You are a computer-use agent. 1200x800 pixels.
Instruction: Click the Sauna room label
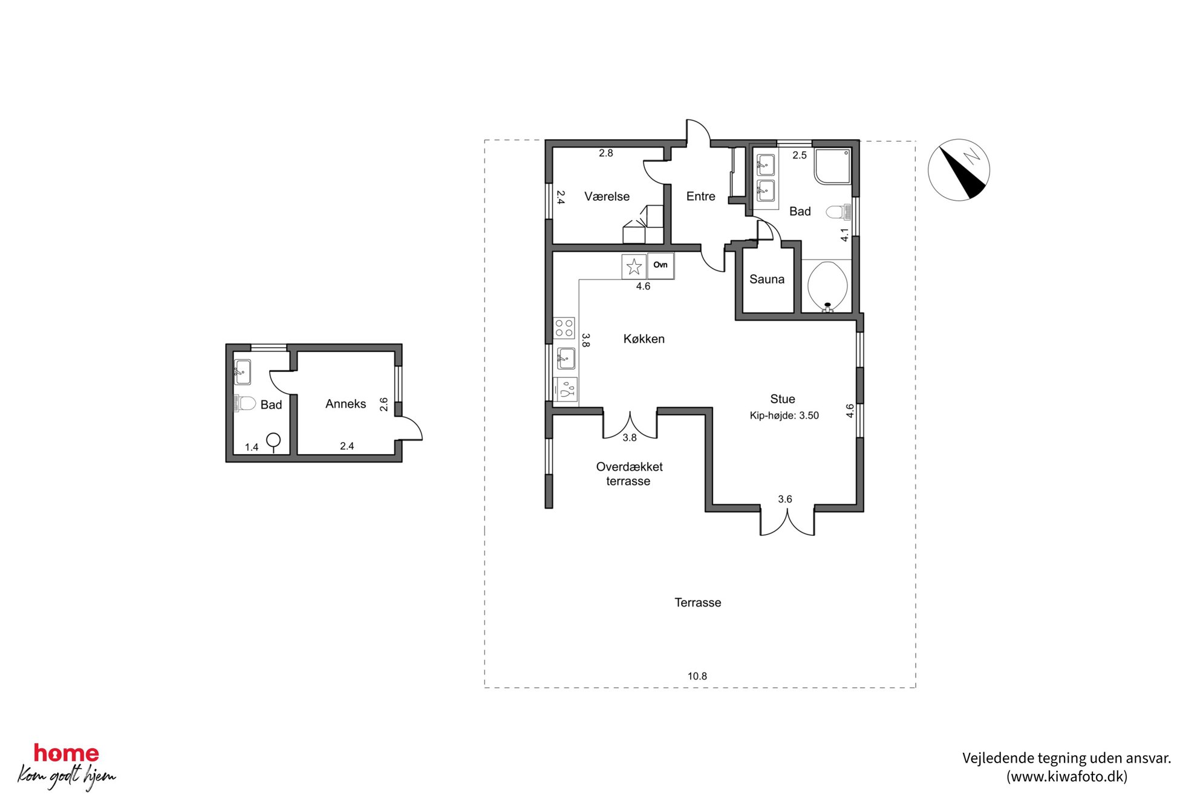coord(766,279)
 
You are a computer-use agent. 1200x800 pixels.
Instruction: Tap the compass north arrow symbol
coord(959,170)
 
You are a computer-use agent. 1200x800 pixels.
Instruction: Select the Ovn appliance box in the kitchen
coord(660,265)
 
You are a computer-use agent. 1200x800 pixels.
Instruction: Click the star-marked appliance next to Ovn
coord(634,266)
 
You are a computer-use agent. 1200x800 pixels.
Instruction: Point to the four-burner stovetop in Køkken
coord(564,328)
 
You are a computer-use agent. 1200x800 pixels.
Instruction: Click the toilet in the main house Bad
coord(838,212)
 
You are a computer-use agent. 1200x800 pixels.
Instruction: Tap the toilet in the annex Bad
coord(244,403)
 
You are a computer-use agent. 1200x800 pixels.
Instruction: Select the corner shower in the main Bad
coord(832,166)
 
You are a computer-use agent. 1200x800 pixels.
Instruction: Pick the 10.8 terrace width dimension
coord(697,676)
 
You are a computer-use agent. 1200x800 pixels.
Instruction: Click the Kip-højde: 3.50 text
coord(784,415)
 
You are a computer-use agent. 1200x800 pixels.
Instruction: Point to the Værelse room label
coord(607,197)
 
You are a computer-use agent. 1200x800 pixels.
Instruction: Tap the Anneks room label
coord(345,404)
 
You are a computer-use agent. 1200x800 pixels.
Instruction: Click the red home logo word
coord(66,753)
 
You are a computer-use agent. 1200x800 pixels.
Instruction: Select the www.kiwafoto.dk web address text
coord(1066,776)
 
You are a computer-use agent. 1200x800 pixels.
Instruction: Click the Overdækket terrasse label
coord(629,474)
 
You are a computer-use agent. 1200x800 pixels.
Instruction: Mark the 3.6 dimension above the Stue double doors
coord(784,499)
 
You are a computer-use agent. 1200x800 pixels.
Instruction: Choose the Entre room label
coord(700,197)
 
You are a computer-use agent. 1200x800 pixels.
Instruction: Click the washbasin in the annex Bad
coord(243,372)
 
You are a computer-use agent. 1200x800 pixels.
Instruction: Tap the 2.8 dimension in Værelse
coord(605,153)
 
